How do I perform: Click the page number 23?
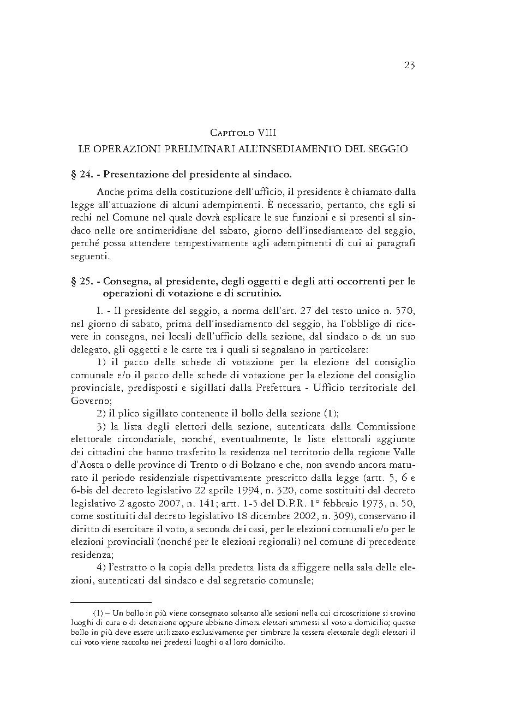[409, 66]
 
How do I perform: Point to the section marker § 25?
[81, 282]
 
